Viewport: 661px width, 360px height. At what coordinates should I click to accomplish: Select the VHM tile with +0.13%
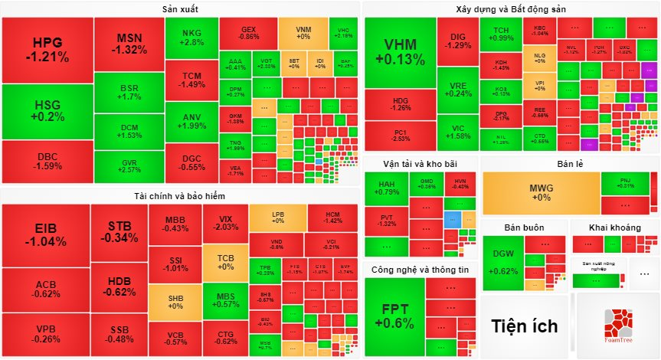[400, 52]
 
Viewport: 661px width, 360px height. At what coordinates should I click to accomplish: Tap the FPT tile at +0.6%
[394, 316]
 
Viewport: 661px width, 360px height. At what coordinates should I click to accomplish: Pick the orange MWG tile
[540, 192]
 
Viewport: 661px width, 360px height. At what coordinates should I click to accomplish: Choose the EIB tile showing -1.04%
[45, 234]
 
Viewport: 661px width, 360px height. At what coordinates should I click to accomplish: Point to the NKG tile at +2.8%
[191, 38]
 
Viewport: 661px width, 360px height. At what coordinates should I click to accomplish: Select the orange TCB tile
[225, 263]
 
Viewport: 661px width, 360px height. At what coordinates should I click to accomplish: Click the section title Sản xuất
[181, 8]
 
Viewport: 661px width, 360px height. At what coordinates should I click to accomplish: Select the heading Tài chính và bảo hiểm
[181, 196]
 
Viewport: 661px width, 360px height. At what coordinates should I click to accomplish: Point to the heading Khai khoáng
[614, 227]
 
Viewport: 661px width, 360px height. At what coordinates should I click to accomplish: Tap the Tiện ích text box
[525, 326]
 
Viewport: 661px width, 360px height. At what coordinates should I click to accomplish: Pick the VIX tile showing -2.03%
[225, 223]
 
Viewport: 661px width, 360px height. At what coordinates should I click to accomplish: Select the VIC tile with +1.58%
[459, 132]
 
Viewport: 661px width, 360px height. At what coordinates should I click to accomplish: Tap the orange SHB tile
[175, 301]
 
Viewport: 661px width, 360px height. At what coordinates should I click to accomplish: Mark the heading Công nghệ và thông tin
[420, 270]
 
